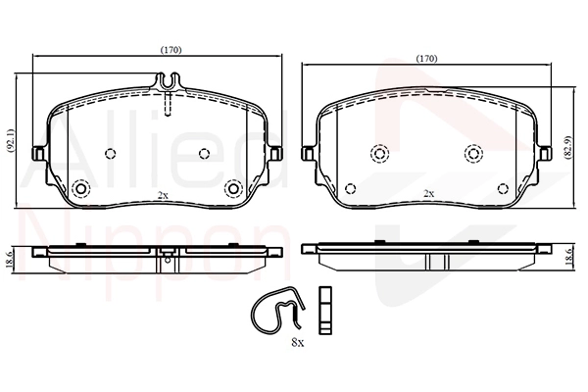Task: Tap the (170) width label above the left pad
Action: (x=171, y=50)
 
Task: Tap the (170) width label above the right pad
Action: (x=427, y=59)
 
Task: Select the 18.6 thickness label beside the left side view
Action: (x=10, y=258)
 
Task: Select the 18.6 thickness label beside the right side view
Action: (x=568, y=257)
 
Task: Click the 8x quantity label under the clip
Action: (x=297, y=342)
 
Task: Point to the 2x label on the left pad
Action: (x=162, y=195)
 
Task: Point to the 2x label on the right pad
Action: (x=428, y=194)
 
